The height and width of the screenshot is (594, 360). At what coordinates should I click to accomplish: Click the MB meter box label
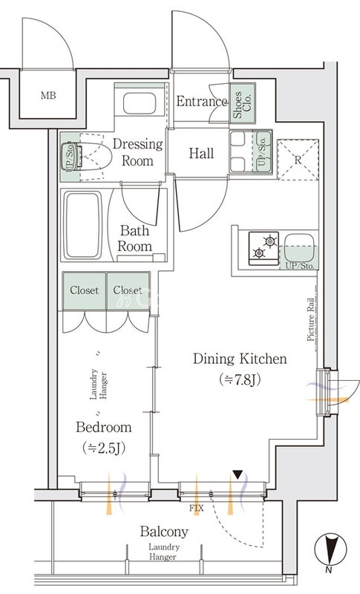coord(48,96)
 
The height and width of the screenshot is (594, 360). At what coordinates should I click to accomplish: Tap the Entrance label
coord(202,101)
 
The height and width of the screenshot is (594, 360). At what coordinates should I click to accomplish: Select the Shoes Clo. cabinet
coord(242,103)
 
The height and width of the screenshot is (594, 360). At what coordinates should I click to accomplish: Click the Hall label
coord(201,153)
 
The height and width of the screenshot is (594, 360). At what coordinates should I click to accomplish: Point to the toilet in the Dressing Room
coord(89,157)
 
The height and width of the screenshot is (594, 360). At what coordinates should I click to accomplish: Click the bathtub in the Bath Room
coord(83,225)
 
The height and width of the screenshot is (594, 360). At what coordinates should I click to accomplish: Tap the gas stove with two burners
coord(264,248)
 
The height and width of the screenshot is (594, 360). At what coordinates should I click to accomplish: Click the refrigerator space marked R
coord(298,160)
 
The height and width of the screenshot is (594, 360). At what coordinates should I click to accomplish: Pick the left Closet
coord(84,290)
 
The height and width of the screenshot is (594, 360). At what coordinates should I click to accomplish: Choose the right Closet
coord(128,290)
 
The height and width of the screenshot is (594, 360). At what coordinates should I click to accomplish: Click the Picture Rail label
coord(311,320)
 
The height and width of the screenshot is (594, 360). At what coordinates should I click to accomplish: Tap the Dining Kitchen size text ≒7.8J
coord(240,379)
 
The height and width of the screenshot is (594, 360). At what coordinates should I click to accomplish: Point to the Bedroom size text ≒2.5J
coord(104,448)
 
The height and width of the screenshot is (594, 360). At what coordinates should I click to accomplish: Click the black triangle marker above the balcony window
coord(238,474)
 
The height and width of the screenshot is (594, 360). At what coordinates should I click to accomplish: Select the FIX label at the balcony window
coord(197,509)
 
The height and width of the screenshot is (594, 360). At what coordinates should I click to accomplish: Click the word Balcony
coord(164,532)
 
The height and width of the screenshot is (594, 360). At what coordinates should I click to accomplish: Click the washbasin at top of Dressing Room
coord(140,103)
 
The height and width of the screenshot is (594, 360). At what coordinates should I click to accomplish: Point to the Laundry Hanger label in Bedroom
coord(99,384)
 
